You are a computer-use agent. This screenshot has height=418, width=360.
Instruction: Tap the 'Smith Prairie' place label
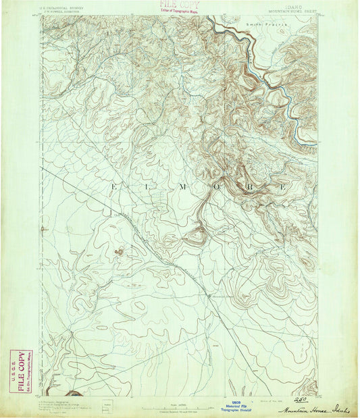(x=266, y=24)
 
